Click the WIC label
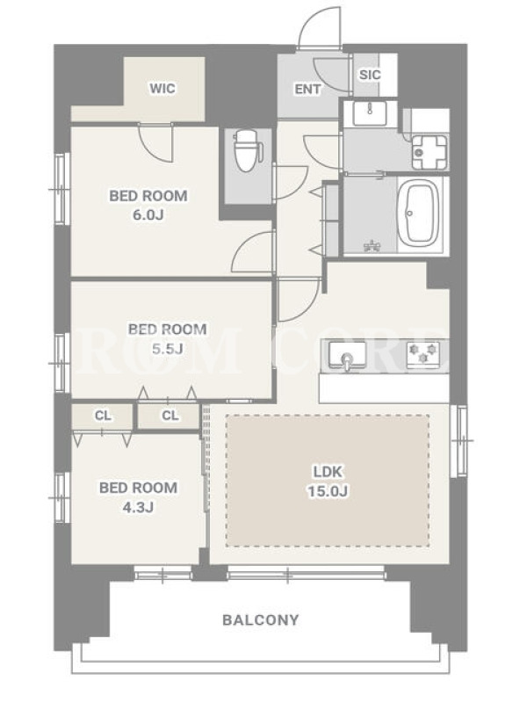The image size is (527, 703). coord(162,89)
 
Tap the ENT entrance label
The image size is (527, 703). coord(307,90)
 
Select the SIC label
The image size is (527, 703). coord(370,75)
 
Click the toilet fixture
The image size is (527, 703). coord(247,150)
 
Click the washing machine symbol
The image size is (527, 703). coord(430,152)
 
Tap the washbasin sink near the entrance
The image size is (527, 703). coord(369,113)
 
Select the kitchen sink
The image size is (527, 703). coord(347,356)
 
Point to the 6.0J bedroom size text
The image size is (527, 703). coord(148,215)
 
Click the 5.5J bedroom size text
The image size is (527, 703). coord(167,349)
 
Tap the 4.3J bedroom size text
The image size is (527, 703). coord(138,507)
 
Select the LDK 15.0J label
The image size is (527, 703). coord(328,482)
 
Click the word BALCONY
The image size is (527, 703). coord(260,620)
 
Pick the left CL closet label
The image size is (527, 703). coord(103,416)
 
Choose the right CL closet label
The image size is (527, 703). coord(170,416)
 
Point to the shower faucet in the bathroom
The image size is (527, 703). coord(372,245)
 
